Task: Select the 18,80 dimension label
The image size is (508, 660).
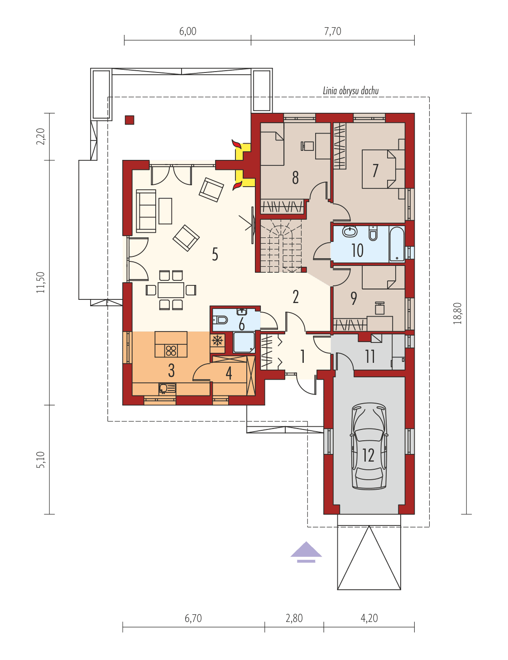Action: [x=457, y=313]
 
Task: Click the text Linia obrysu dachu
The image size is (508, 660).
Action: [x=350, y=91]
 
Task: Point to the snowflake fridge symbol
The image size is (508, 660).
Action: [x=217, y=341]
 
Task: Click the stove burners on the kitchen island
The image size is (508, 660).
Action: [x=171, y=351]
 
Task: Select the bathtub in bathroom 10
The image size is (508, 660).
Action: [x=397, y=244]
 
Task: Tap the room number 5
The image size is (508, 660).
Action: [x=215, y=254]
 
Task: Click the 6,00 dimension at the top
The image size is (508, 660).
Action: [x=187, y=31]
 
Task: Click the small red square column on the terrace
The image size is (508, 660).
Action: [x=129, y=120]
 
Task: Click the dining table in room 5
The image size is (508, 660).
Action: [x=171, y=290]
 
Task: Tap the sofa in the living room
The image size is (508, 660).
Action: [x=146, y=211]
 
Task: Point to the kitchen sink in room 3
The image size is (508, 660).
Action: [x=167, y=389]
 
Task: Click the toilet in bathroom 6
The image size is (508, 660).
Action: [x=220, y=319]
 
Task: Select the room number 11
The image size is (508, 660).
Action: [x=369, y=356]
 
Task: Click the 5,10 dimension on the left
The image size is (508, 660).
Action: [x=41, y=459]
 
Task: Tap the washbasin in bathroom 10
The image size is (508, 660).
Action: [x=350, y=232]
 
